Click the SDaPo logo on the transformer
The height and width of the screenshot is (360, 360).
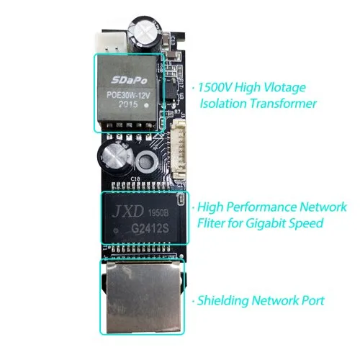(x=129, y=80)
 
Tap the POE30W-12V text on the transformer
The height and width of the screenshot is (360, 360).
(x=128, y=95)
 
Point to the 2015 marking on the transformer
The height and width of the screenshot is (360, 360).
(x=128, y=104)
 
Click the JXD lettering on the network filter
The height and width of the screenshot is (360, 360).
(x=128, y=211)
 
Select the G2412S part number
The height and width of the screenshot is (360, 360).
(x=150, y=228)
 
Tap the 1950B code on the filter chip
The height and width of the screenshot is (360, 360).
(x=158, y=212)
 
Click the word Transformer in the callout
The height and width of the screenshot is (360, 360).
(x=283, y=104)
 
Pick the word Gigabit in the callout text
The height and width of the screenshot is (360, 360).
(x=266, y=223)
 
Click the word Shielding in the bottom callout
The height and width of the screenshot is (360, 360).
(x=222, y=301)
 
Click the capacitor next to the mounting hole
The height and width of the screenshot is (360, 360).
(x=114, y=158)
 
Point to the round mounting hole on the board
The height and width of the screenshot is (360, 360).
(x=147, y=162)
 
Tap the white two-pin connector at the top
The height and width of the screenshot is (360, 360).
(x=111, y=42)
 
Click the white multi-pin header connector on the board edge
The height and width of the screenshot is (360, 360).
(x=179, y=150)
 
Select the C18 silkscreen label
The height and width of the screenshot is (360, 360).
(x=135, y=179)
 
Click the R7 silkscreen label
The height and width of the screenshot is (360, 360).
(x=177, y=112)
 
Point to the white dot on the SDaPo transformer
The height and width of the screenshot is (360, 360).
(x=147, y=105)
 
